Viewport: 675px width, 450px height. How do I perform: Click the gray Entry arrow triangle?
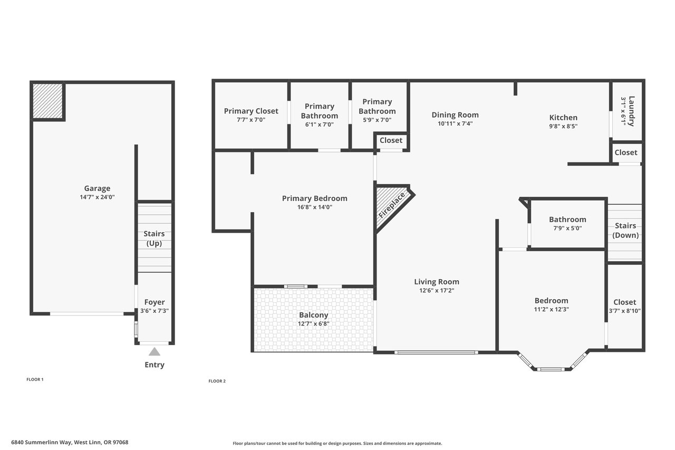tap(155, 352)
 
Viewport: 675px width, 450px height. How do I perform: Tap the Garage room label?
tap(97, 188)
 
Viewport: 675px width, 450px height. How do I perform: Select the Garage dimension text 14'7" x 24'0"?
tap(97, 197)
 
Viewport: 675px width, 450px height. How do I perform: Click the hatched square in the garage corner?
tap(47, 101)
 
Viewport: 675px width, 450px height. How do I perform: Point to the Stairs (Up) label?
tap(154, 238)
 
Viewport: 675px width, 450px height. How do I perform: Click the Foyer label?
tap(155, 302)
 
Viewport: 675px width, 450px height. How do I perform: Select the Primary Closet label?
tap(251, 111)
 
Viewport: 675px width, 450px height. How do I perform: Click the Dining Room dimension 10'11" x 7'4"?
tap(455, 123)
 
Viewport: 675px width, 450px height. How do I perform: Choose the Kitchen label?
tap(563, 118)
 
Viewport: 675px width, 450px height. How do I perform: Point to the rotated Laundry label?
tap(632, 111)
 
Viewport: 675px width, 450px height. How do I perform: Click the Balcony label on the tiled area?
tap(313, 315)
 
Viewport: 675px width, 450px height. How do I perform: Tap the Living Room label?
tap(437, 282)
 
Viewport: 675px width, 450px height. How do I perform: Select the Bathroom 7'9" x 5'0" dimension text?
tap(567, 228)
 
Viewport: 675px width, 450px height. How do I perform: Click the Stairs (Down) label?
tap(625, 230)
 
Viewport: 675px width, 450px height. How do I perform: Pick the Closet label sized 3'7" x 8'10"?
tap(625, 302)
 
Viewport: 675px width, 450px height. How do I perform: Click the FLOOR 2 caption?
tap(217, 381)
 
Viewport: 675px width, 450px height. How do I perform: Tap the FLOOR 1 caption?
tap(35, 379)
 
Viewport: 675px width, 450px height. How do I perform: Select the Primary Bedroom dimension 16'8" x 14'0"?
tap(315, 207)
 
